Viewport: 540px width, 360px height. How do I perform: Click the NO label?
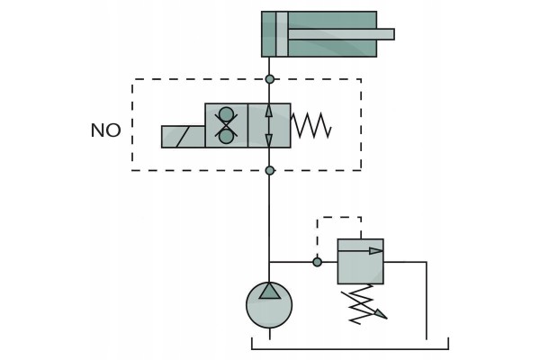pyautogui.click(x=105, y=130)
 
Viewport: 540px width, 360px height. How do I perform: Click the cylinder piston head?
pyautogui.click(x=282, y=34)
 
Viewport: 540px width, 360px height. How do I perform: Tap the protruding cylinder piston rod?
pyautogui.click(x=341, y=34)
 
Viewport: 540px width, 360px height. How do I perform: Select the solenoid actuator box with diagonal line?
pyautogui.click(x=184, y=137)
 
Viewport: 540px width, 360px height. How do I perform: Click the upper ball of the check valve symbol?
pyautogui.click(x=226, y=114)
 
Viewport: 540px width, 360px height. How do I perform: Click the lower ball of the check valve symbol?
pyautogui.click(x=226, y=137)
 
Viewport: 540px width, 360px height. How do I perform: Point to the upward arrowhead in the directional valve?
pyautogui.click(x=269, y=112)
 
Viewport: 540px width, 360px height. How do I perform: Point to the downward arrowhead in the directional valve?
pyautogui.click(x=269, y=139)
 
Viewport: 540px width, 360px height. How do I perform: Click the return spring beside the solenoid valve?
pyautogui.click(x=311, y=125)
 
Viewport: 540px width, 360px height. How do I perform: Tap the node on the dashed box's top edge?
pyautogui.click(x=270, y=79)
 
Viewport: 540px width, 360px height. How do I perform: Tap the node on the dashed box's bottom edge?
pyautogui.click(x=270, y=170)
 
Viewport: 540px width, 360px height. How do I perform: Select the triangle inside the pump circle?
pyautogui.click(x=269, y=291)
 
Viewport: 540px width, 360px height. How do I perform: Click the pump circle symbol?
pyautogui.click(x=269, y=305)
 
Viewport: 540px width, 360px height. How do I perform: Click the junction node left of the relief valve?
pyautogui.click(x=317, y=262)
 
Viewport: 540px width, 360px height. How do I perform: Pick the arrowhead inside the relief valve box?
pyautogui.click(x=375, y=251)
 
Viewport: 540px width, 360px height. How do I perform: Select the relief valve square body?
pyautogui.click(x=361, y=262)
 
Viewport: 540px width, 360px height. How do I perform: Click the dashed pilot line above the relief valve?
pyautogui.click(x=339, y=218)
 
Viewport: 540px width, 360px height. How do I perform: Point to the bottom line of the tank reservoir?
pyautogui.click(x=350, y=349)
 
